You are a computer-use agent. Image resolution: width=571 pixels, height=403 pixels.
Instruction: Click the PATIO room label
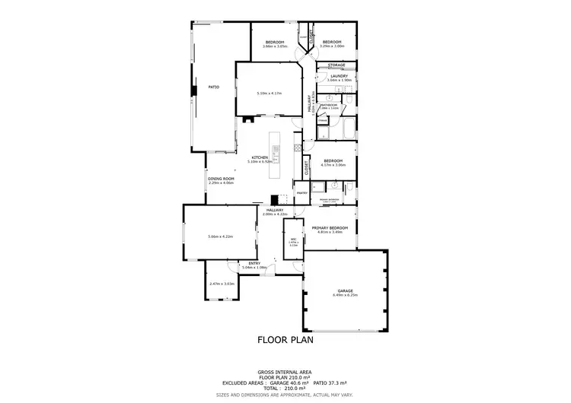point(214,87)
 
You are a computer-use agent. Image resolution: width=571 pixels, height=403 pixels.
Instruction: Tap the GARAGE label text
point(345,290)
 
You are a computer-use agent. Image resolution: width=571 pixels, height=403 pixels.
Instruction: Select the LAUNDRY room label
point(338,76)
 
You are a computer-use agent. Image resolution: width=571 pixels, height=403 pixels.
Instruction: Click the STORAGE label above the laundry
point(337,65)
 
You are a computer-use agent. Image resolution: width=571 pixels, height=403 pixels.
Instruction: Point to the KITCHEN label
point(260,158)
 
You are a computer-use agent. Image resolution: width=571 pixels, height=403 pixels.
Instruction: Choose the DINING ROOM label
point(221,179)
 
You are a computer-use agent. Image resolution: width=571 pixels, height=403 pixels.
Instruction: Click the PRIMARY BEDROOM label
point(330,228)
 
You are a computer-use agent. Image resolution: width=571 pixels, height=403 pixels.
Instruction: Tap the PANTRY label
point(301,193)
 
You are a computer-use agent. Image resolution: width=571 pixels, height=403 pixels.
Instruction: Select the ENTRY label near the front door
point(254,264)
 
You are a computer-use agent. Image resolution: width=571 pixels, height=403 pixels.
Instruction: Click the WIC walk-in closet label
point(293,239)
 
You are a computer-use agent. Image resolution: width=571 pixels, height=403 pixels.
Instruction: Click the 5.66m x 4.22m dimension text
point(220,236)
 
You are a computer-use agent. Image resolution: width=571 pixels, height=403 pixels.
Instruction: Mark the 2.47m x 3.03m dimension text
point(221,283)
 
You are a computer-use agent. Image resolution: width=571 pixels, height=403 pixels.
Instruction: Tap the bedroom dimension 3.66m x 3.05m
point(274,46)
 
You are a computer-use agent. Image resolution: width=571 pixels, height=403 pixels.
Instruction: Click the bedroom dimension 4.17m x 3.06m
point(333,165)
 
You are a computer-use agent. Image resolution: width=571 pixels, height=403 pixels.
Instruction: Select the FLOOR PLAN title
point(285,340)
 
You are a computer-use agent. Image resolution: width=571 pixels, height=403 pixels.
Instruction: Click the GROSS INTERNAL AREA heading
point(285,373)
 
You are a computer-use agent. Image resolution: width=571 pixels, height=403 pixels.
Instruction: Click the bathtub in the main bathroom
point(349,129)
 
